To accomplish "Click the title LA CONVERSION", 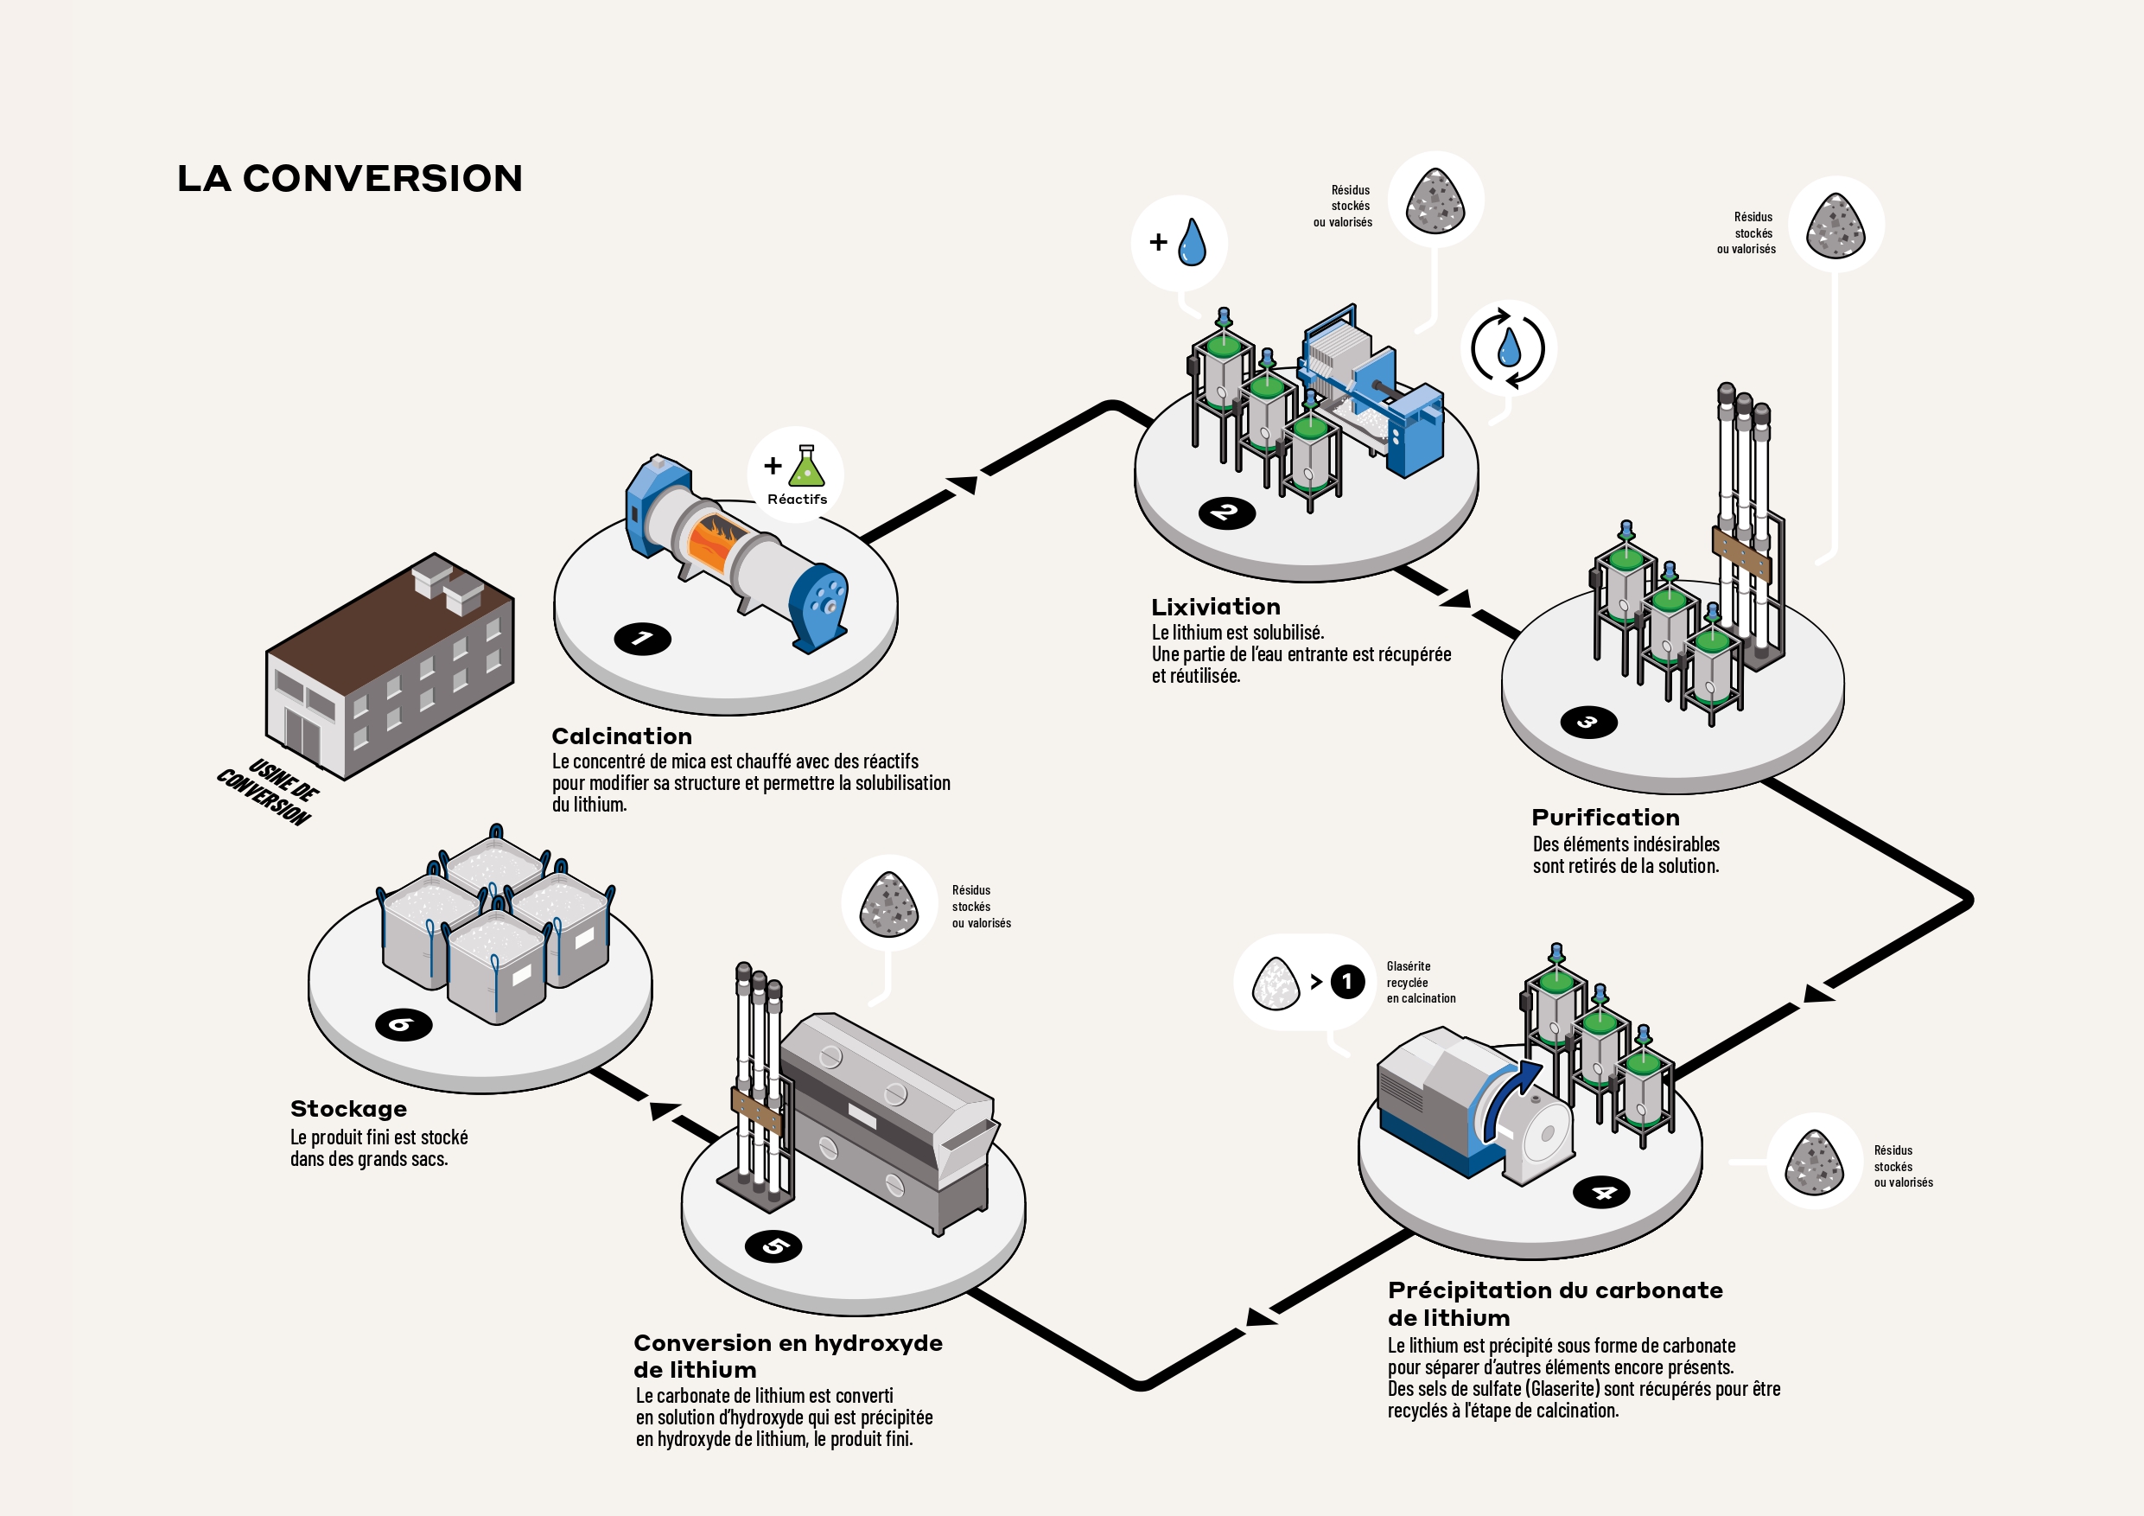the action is pos(350,178).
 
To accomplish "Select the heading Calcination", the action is pos(622,736).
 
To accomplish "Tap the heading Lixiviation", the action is pos(1216,607).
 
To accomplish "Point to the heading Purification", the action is pos(1606,818).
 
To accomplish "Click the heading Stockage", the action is pos(348,1109).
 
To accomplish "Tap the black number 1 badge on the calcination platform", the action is pos(642,638).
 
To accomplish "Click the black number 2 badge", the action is pos(1227,513).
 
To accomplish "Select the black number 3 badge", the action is pos(1588,722).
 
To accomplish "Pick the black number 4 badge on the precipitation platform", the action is pos(1601,1193).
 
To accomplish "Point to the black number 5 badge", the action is pos(773,1246).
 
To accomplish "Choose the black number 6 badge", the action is pos(404,1025).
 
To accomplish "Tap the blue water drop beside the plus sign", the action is pos(1193,242).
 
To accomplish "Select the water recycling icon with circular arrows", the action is pos(1508,348).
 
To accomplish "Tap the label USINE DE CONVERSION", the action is pos(269,792).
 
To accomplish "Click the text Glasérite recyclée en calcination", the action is pos(1421,983).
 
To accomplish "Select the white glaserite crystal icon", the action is pos(1276,984).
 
